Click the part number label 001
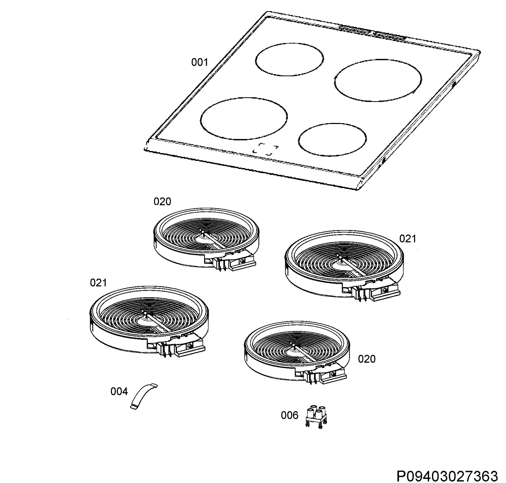199,62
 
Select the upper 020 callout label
162,201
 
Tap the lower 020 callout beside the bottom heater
367,359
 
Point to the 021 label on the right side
408,239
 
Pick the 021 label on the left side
98,283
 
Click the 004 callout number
119,392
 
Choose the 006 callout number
289,415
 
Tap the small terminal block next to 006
316,417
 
